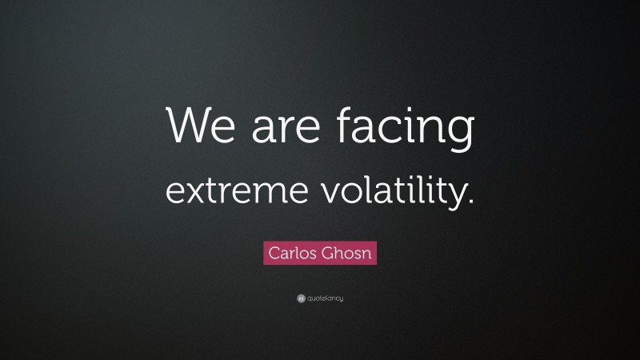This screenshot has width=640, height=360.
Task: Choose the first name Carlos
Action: click(x=293, y=254)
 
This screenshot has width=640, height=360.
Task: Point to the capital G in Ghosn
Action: click(x=328, y=254)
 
